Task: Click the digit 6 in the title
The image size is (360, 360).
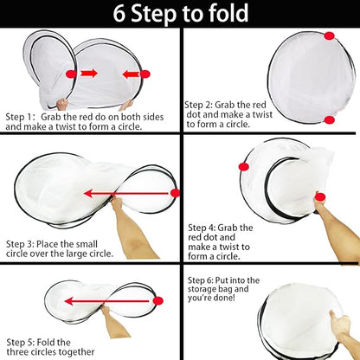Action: click(119, 14)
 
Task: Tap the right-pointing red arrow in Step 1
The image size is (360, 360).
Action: click(88, 74)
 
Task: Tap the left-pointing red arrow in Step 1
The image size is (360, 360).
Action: click(132, 74)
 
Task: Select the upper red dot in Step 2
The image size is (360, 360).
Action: click(329, 36)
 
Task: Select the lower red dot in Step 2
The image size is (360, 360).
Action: click(329, 119)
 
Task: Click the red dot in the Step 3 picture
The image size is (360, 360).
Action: click(175, 193)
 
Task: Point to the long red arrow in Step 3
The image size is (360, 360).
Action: click(127, 193)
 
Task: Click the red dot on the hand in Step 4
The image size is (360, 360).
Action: click(320, 197)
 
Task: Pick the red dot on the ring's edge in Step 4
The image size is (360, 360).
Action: click(244, 166)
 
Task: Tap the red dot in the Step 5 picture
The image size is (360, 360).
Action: click(158, 301)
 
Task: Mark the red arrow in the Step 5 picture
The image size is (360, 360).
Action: click(109, 301)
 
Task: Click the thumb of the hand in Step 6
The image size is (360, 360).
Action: click(333, 315)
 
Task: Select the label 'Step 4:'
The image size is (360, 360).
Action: click(202, 228)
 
